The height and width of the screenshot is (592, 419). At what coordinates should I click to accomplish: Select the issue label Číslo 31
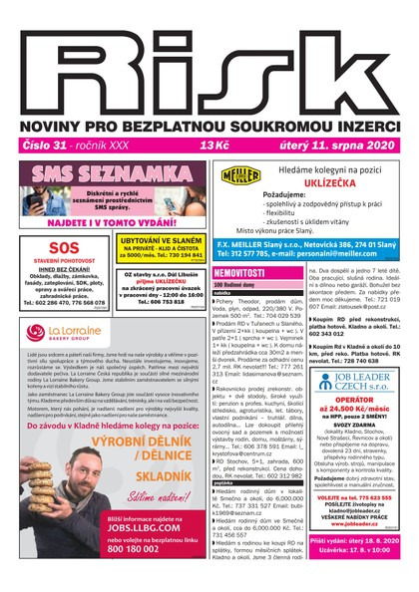(40, 146)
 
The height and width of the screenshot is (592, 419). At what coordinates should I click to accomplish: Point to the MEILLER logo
(244, 175)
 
